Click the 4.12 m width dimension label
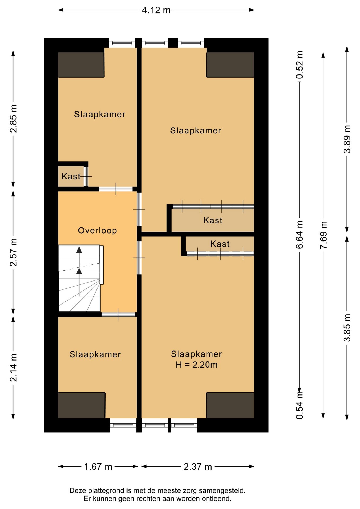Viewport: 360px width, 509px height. [156, 10]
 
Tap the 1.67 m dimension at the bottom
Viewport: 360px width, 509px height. [98, 467]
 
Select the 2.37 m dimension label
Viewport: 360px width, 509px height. [198, 467]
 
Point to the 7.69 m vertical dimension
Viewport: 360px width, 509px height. [323, 235]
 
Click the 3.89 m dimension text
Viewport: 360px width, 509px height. [347, 139]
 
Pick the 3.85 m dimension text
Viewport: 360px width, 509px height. [347, 328]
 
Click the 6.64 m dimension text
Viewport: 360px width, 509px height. [300, 235]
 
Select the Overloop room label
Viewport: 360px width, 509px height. [97, 231]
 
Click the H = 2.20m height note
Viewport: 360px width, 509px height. [196, 365]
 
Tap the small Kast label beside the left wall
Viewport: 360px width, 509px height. [71, 176]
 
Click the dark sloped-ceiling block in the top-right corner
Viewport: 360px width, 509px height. [230, 65]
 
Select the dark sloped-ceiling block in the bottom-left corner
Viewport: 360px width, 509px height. [82, 405]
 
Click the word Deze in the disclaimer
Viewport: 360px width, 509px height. [78, 490]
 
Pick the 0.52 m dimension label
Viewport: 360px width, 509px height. [300, 65]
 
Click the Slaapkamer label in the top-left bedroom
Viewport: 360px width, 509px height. [100, 114]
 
